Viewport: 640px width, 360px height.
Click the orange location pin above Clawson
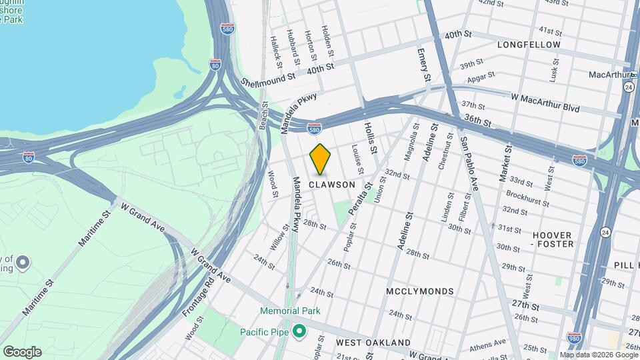(321, 159)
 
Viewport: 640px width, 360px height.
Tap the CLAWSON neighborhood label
(331, 185)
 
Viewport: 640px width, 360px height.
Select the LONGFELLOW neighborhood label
(529, 45)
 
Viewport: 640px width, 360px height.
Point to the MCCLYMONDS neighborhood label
(420, 291)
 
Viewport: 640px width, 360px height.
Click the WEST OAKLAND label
(367, 342)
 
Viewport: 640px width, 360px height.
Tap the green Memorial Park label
(290, 311)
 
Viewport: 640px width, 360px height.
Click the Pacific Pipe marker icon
(299, 331)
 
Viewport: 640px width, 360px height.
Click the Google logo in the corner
(22, 352)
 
